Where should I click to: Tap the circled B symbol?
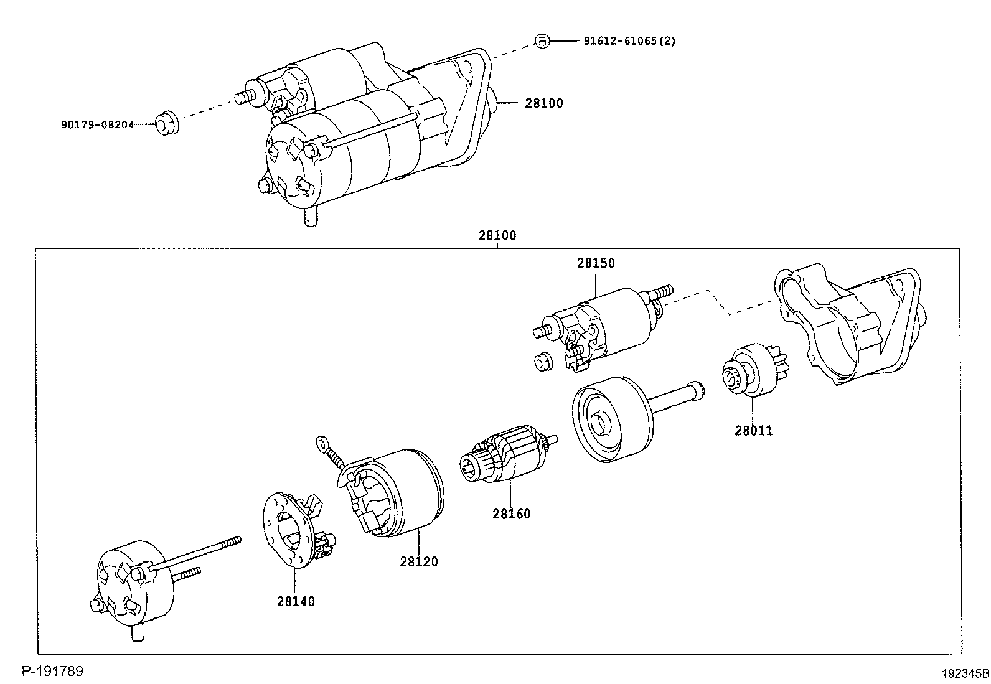click(x=542, y=41)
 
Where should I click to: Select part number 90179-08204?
click(x=98, y=124)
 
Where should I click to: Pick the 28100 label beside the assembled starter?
click(x=543, y=103)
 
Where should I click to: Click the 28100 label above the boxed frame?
click(x=497, y=236)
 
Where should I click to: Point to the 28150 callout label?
click(x=595, y=263)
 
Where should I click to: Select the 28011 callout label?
click(x=753, y=430)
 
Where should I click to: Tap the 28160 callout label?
click(x=512, y=514)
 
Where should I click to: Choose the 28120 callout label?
click(x=419, y=561)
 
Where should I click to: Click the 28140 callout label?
click(x=296, y=601)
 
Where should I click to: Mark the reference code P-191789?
click(x=53, y=671)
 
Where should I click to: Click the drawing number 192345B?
click(x=964, y=673)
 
